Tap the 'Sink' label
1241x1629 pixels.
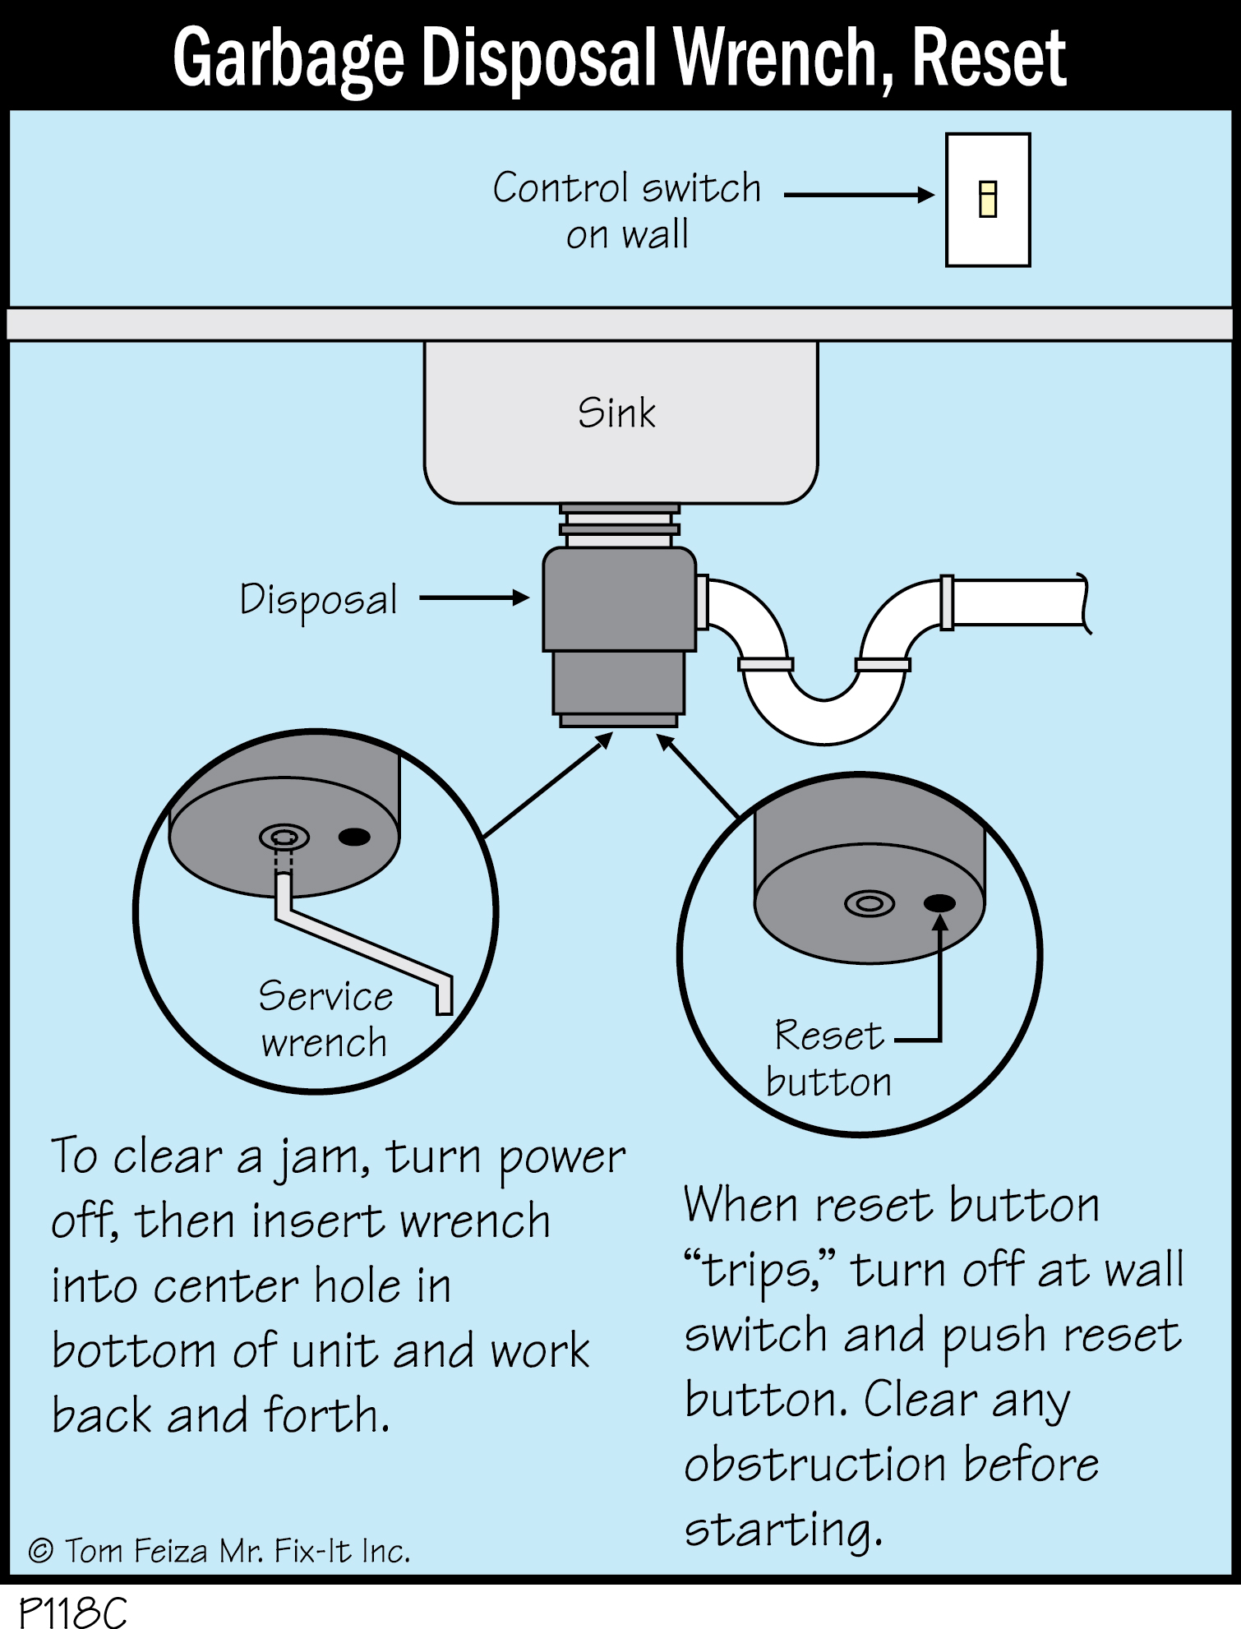point(616,413)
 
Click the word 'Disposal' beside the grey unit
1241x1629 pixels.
point(318,599)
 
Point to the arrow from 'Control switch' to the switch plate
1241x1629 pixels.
point(859,195)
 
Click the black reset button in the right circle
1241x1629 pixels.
point(939,903)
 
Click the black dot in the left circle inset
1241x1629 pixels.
point(354,837)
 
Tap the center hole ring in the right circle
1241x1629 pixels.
point(870,904)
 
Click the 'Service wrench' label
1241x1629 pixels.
point(325,1019)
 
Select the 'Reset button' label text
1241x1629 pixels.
point(828,1059)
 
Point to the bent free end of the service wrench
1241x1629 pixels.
point(444,997)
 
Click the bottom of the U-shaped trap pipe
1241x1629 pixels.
point(824,723)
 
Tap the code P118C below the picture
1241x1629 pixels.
point(72,1612)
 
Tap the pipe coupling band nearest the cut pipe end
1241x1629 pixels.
point(947,602)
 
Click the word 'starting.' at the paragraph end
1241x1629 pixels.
point(783,1530)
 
